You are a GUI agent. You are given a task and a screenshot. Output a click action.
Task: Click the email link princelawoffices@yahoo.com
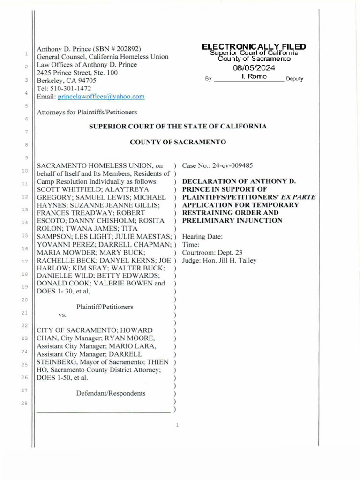(101, 97)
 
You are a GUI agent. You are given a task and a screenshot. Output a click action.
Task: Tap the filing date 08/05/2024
(254, 68)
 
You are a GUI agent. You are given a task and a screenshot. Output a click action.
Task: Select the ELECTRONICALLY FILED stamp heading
(254, 47)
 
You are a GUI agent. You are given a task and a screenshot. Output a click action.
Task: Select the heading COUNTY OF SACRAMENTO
(178, 142)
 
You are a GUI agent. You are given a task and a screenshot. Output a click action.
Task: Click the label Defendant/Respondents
(111, 393)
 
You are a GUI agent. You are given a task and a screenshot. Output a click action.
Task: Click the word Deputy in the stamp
(295, 79)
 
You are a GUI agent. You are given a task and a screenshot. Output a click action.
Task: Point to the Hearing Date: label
(202, 236)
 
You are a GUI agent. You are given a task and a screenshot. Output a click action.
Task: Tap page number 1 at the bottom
(178, 426)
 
